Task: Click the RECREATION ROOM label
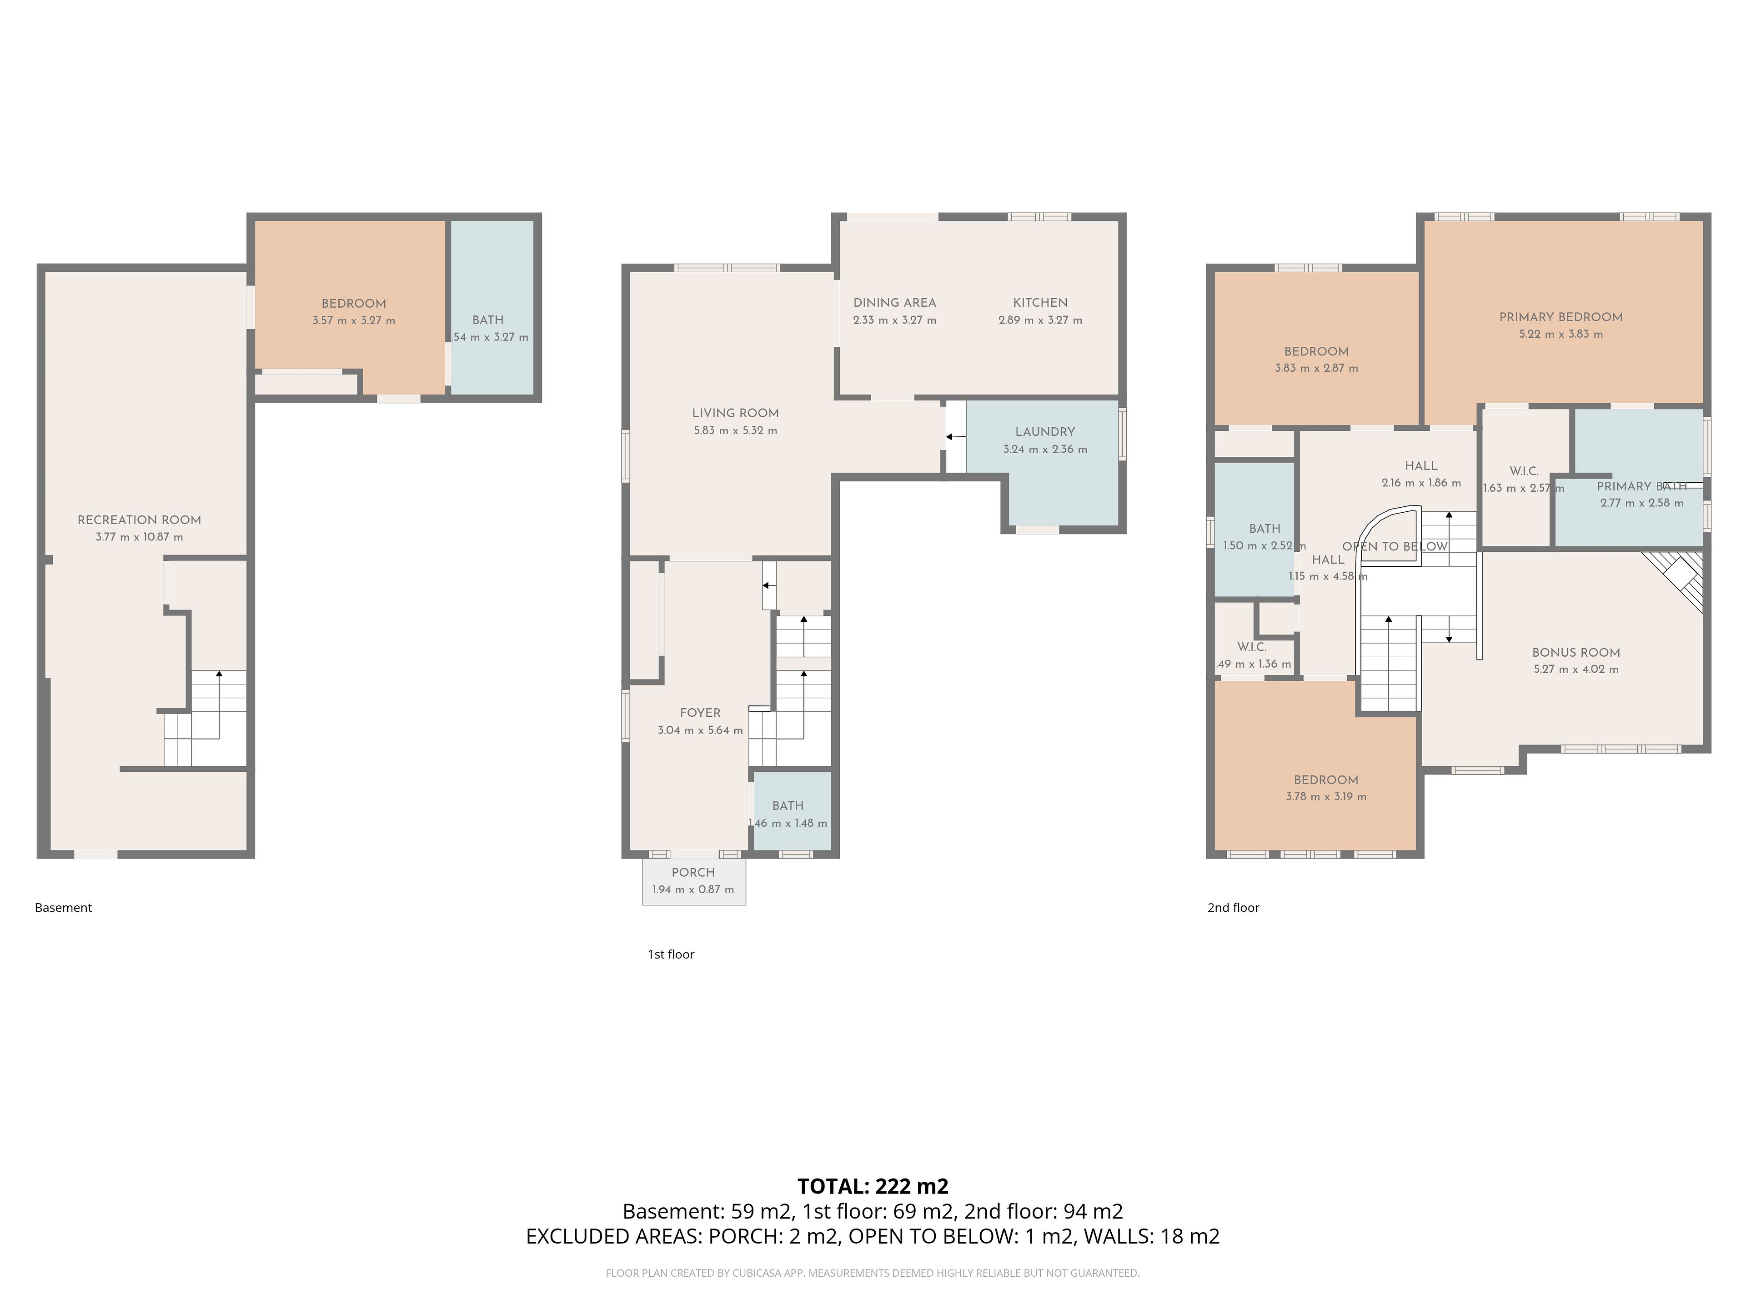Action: point(139,520)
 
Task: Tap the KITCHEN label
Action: point(1040,303)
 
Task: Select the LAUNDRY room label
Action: point(1045,432)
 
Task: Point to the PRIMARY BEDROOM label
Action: point(1560,317)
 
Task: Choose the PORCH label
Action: point(693,873)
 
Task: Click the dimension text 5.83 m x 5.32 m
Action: point(736,431)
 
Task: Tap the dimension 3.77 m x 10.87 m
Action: point(139,537)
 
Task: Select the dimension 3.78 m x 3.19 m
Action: point(1326,797)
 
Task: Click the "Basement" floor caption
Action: point(63,908)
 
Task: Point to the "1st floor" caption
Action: point(671,955)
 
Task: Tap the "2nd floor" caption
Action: point(1233,908)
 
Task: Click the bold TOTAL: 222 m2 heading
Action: point(873,1187)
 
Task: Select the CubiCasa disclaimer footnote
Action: point(873,1273)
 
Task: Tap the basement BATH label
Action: point(488,320)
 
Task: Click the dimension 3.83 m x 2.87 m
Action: point(1317,369)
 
